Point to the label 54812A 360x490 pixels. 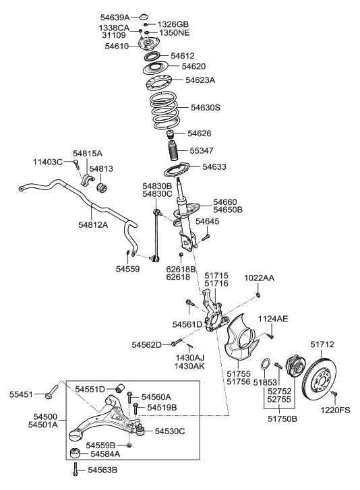pos(92,224)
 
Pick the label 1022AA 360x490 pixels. pos(260,278)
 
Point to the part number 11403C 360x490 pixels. pos(48,162)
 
